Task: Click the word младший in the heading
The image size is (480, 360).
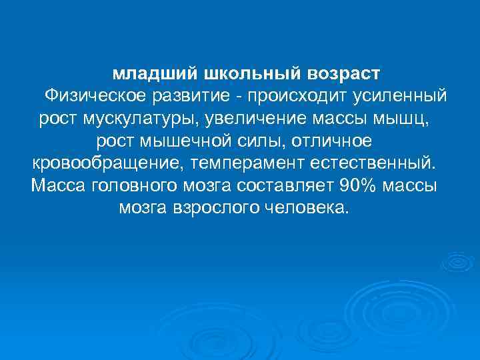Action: point(143,72)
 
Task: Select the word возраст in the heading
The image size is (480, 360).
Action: point(346,72)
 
